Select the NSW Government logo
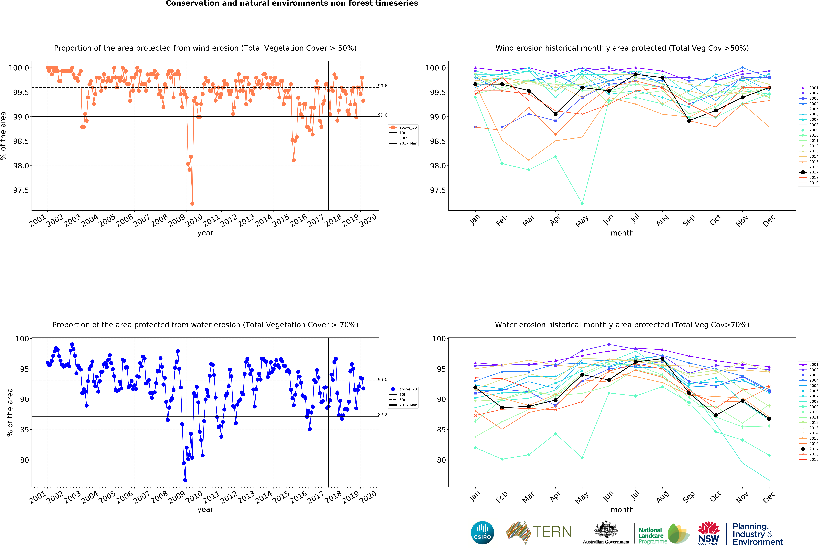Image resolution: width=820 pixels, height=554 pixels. coord(709,533)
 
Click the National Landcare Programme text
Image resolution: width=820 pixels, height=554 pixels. coord(653,536)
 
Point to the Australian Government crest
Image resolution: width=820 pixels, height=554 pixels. coord(606,529)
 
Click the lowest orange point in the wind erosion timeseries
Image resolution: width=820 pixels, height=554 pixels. coord(192,204)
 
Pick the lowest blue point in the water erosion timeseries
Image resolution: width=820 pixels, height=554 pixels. coord(185,480)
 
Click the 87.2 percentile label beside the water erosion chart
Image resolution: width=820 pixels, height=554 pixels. coord(382,415)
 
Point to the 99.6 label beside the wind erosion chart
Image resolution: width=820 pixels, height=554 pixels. coord(382,86)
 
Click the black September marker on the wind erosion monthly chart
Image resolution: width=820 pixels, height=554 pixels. coord(689,121)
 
